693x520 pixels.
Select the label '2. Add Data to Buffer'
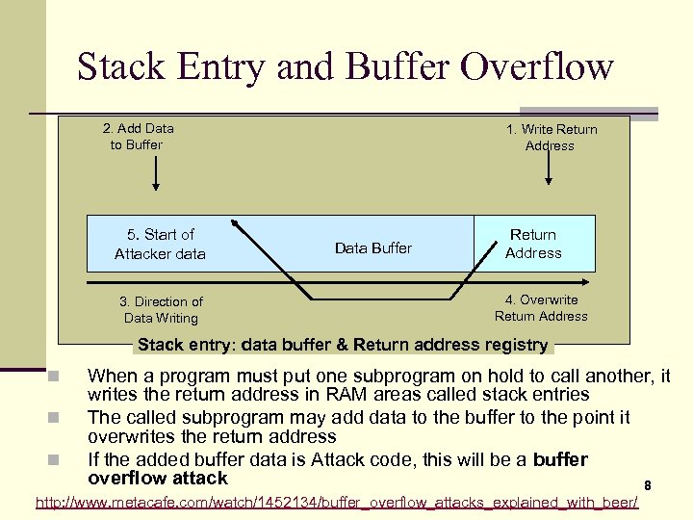(138, 137)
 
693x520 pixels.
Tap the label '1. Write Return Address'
(551, 138)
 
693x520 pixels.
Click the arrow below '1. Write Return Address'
(550, 170)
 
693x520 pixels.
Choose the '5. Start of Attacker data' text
(160, 244)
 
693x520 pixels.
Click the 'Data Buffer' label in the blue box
(372, 248)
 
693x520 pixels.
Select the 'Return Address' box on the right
(533, 244)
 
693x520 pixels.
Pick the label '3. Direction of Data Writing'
(161, 310)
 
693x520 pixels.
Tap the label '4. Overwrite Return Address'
(541, 308)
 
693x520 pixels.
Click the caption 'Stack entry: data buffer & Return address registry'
(343, 345)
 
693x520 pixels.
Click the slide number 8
(648, 484)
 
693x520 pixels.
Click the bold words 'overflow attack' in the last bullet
(158, 479)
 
